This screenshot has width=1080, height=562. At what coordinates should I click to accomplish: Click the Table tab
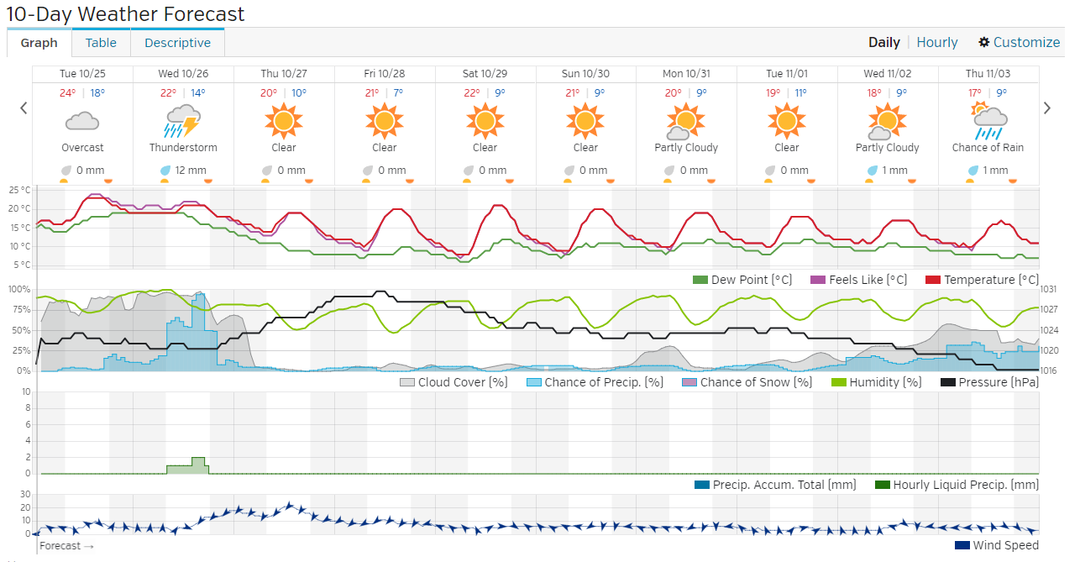click(101, 43)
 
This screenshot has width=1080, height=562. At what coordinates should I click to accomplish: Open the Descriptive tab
click(177, 43)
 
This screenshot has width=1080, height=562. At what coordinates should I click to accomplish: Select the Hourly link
click(937, 42)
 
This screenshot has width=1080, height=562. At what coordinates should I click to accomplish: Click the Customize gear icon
click(984, 42)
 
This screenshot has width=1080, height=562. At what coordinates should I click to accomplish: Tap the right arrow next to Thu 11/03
click(1047, 108)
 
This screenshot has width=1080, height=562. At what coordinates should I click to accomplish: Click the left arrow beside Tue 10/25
click(24, 108)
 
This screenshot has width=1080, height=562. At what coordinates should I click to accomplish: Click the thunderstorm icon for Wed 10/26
click(183, 122)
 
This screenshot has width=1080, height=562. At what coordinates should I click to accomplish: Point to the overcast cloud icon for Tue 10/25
click(82, 122)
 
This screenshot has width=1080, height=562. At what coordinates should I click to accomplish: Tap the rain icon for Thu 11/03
click(988, 122)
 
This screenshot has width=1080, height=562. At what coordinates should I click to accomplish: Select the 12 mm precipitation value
click(191, 171)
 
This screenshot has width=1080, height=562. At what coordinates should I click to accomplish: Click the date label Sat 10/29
click(485, 74)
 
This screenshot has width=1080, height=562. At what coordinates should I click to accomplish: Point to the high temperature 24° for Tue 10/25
click(68, 93)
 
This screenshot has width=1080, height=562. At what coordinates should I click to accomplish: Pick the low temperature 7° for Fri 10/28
click(398, 93)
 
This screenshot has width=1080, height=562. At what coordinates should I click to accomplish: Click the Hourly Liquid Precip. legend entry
click(957, 485)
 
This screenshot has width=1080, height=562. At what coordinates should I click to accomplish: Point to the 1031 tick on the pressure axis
click(1050, 289)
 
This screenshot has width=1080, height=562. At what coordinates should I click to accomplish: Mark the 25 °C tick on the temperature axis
click(20, 190)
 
